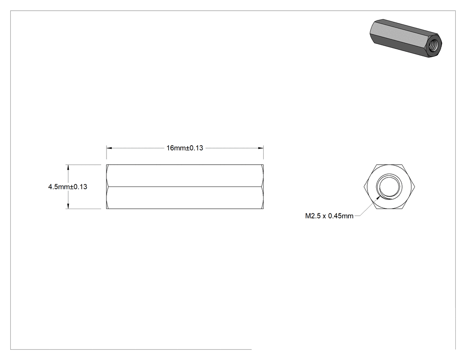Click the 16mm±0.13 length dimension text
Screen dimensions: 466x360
(x=185, y=148)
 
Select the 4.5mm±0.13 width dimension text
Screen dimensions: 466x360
(x=68, y=187)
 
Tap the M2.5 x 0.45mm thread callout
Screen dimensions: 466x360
(x=329, y=216)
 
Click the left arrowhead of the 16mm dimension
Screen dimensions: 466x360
(x=109, y=148)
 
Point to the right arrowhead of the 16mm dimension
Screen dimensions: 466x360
(x=261, y=148)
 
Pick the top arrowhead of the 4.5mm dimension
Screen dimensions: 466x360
(x=68, y=167)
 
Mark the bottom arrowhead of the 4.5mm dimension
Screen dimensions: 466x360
(x=68, y=206)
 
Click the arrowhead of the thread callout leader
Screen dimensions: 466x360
(x=378, y=197)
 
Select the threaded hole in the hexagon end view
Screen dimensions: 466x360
(x=389, y=187)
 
